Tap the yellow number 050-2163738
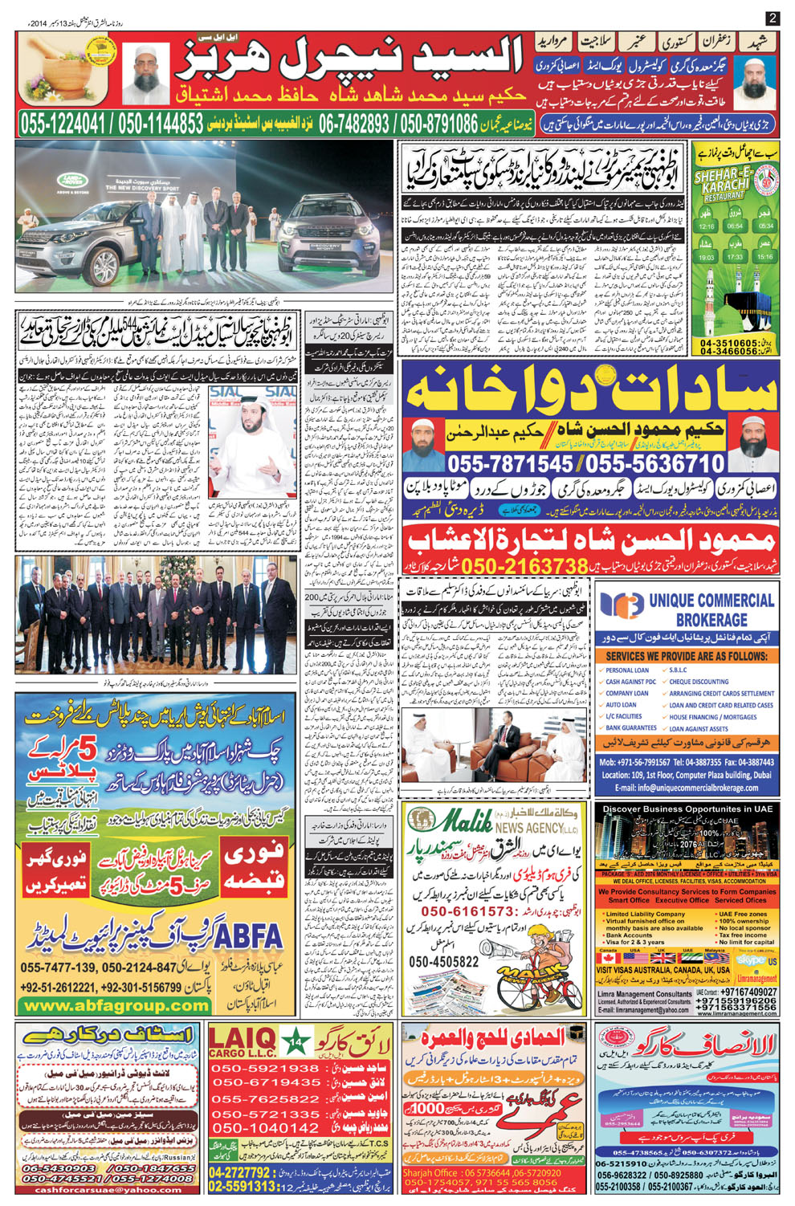[525, 566]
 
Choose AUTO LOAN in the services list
[621, 705]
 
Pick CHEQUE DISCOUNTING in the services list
[699, 682]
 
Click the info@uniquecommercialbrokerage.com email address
[687, 788]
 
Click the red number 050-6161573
[467, 911]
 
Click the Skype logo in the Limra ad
[751, 960]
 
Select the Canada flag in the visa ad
[609, 958]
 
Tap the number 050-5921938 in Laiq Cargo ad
[265, 1069]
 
